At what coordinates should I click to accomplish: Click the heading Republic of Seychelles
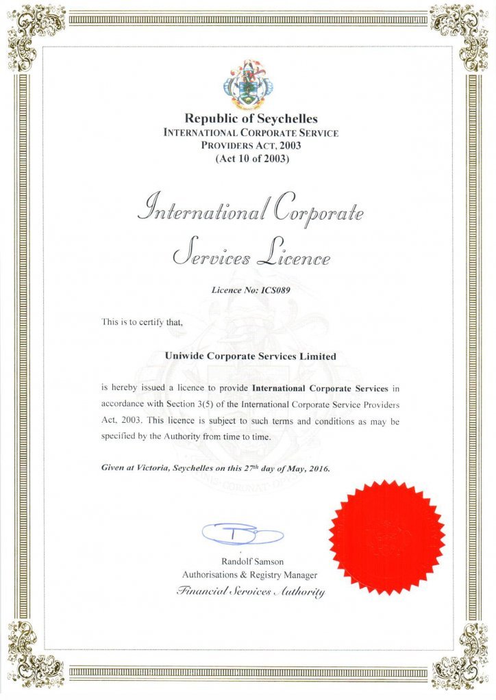[x=251, y=118]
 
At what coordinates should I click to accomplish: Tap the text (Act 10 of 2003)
[x=251, y=159]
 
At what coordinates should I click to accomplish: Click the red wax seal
[x=386, y=536]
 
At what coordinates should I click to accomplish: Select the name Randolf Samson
[x=251, y=561]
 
